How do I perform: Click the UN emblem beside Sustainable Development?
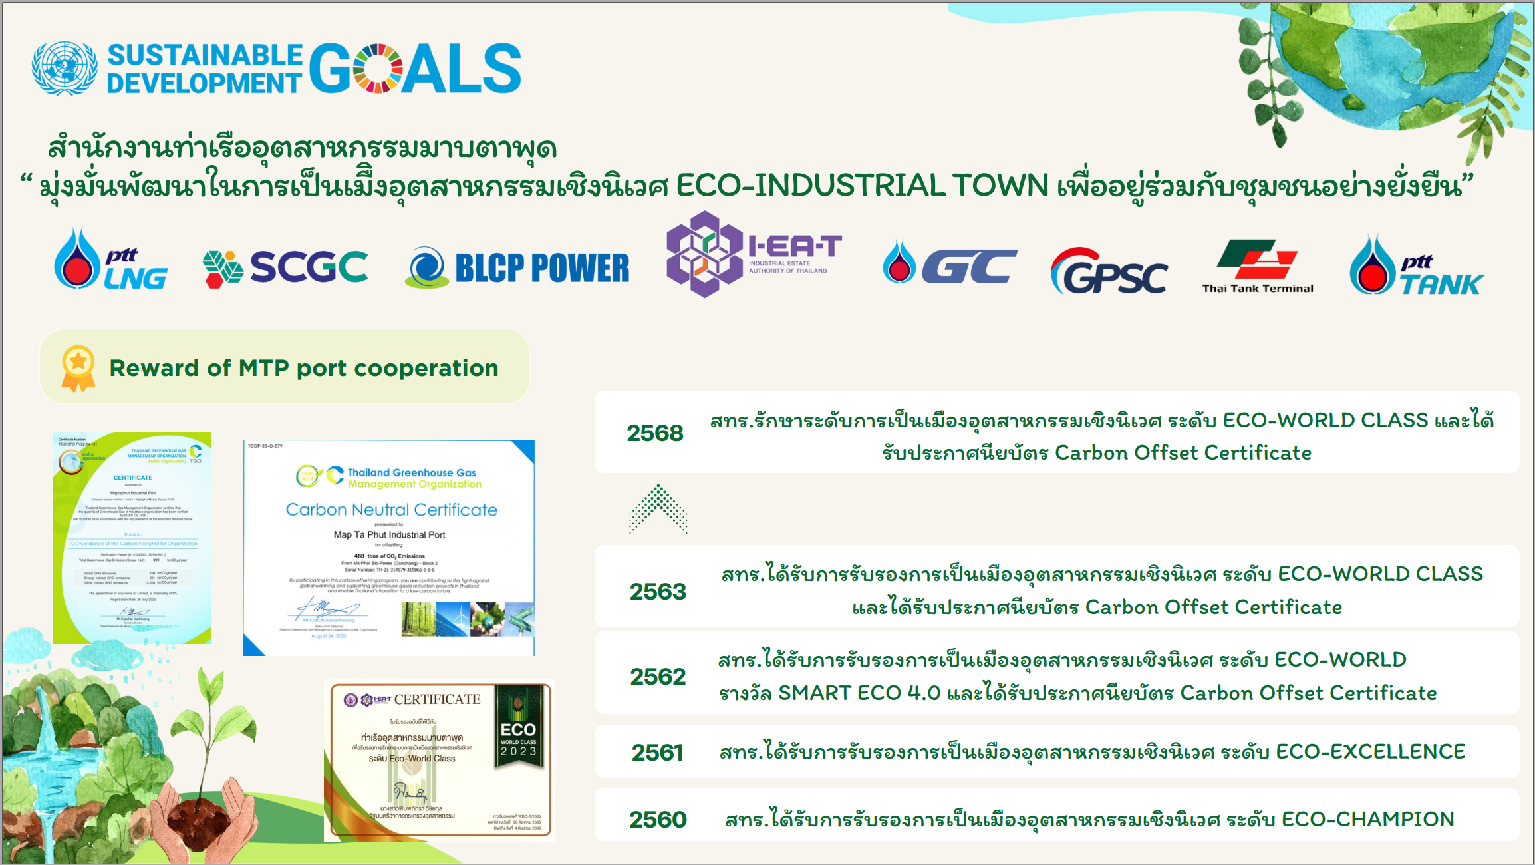[65, 69]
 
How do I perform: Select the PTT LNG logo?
[110, 260]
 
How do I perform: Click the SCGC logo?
[285, 268]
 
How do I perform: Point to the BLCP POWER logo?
[517, 268]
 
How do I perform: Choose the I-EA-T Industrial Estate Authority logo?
[754, 254]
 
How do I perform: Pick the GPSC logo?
[1108, 272]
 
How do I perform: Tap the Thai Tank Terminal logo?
[1257, 267]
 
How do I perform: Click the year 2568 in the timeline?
[654, 433]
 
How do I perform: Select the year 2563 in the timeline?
[657, 592]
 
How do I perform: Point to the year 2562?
[657, 677]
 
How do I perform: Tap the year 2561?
[657, 753]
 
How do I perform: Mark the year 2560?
[657, 820]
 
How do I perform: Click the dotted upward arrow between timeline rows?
[658, 509]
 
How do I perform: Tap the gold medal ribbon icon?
[78, 368]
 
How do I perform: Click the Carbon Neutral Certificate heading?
[391, 510]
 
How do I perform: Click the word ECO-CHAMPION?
[1367, 819]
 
